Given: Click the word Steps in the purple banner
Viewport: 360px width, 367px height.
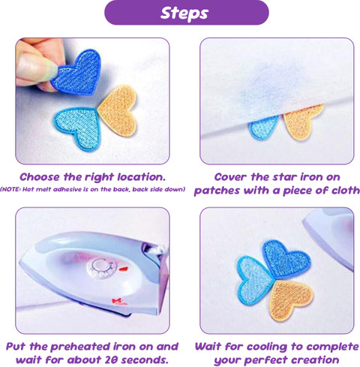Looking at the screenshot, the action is [x=184, y=13].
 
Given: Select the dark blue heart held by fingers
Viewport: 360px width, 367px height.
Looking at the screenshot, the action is [x=77, y=73].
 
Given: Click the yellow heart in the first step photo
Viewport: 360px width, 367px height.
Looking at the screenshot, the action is [x=118, y=110].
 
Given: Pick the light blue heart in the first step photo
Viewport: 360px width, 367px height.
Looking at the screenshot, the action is [x=78, y=127].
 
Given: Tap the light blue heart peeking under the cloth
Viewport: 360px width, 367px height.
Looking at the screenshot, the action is [x=264, y=128].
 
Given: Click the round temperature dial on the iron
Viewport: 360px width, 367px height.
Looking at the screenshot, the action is [x=101, y=269].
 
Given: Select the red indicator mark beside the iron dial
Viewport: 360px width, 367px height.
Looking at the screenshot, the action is [x=124, y=269].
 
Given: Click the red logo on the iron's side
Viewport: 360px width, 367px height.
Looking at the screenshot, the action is [x=119, y=302].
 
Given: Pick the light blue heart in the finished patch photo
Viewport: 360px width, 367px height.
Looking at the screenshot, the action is [x=255, y=280].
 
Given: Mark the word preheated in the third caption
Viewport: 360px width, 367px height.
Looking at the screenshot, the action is [x=79, y=347].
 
